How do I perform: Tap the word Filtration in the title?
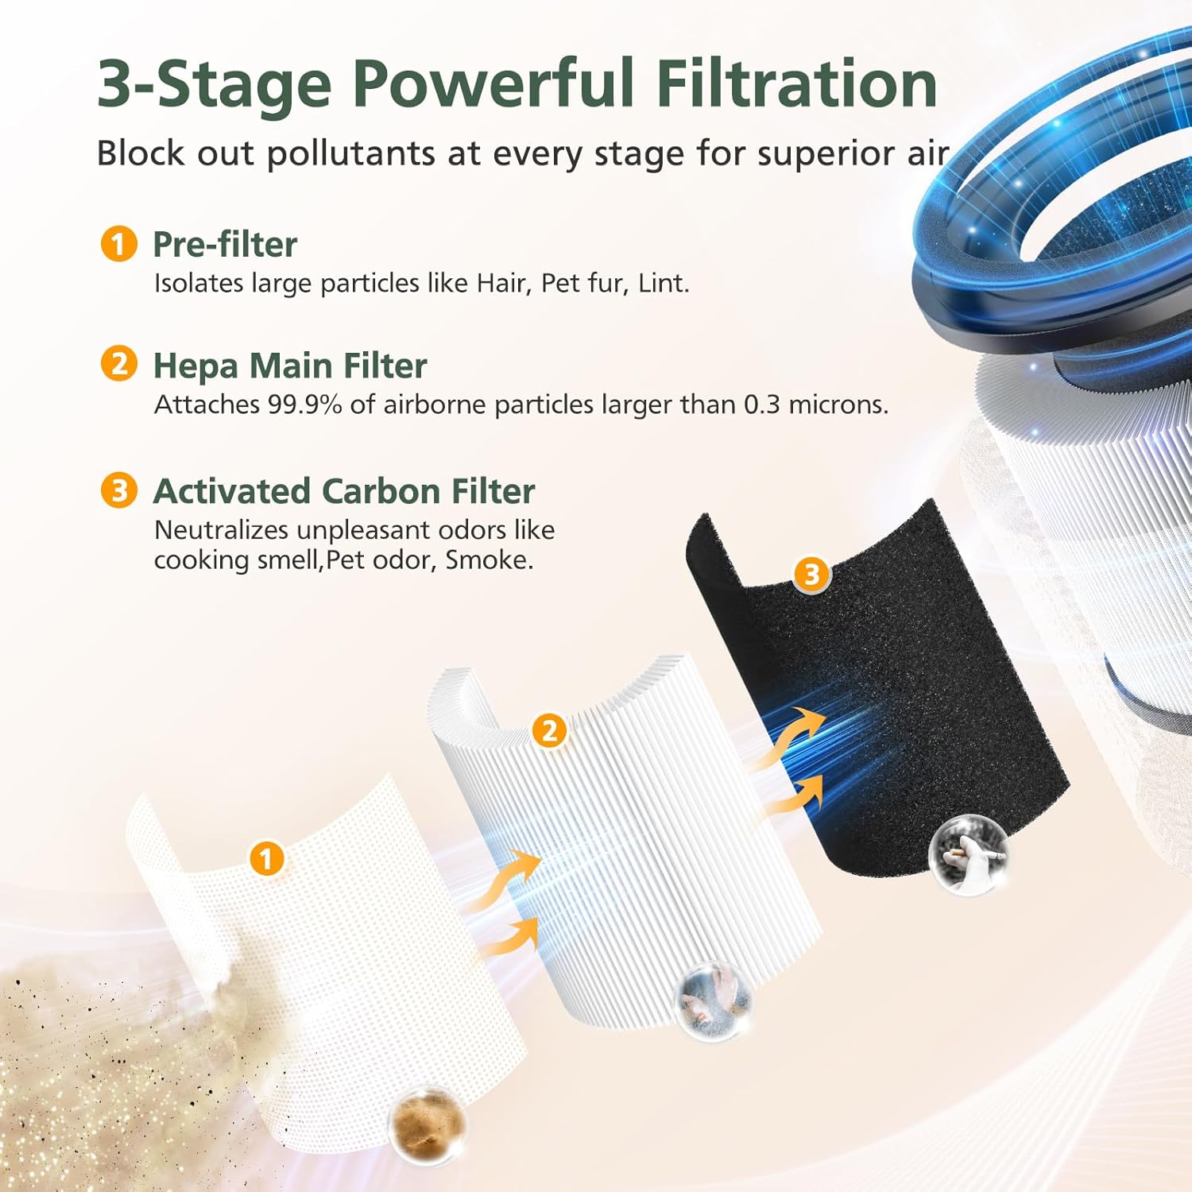click(x=796, y=83)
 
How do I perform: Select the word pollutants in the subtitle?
click(x=350, y=153)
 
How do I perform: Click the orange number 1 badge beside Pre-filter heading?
click(x=118, y=243)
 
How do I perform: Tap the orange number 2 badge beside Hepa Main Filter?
click(x=118, y=364)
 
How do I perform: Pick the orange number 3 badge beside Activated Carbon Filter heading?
click(x=118, y=490)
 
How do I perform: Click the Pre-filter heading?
click(x=225, y=244)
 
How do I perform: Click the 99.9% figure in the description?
click(x=304, y=404)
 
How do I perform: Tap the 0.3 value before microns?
click(x=761, y=404)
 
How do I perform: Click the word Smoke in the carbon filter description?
click(x=487, y=560)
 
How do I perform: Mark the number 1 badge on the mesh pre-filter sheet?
click(x=266, y=858)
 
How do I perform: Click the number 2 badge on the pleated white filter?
click(x=549, y=730)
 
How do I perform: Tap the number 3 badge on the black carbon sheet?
click(x=811, y=574)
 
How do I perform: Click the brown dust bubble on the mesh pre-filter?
click(x=427, y=1123)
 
